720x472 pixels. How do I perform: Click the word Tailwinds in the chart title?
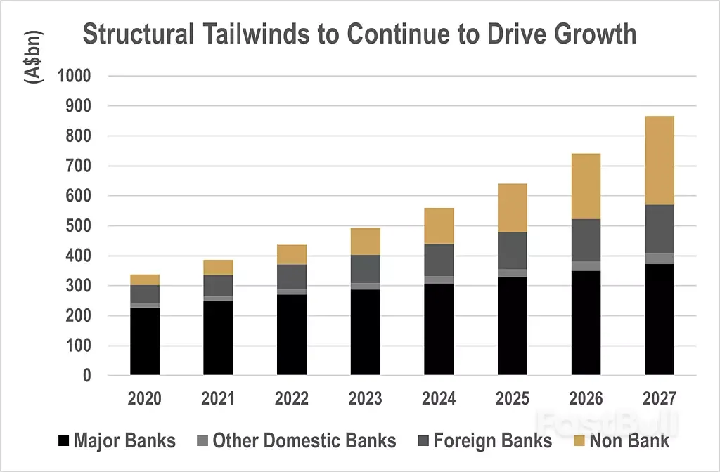coord(247,34)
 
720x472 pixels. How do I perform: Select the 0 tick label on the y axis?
coord(86,376)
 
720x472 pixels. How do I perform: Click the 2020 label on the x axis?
coord(144,399)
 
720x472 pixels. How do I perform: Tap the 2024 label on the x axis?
coord(439,399)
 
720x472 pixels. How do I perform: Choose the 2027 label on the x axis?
coord(660,399)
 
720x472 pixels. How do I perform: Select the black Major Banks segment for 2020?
coord(144,341)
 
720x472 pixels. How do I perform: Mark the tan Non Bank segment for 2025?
coord(513,208)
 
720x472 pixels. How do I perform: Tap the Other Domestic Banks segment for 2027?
coord(660,258)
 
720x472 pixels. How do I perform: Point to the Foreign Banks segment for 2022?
coord(291,277)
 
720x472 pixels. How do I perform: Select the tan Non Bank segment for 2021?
coord(218,267)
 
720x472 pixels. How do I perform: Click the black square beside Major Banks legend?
coord(63,441)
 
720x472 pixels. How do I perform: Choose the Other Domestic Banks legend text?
coord(304,441)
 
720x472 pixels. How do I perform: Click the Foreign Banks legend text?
coord(492,441)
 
